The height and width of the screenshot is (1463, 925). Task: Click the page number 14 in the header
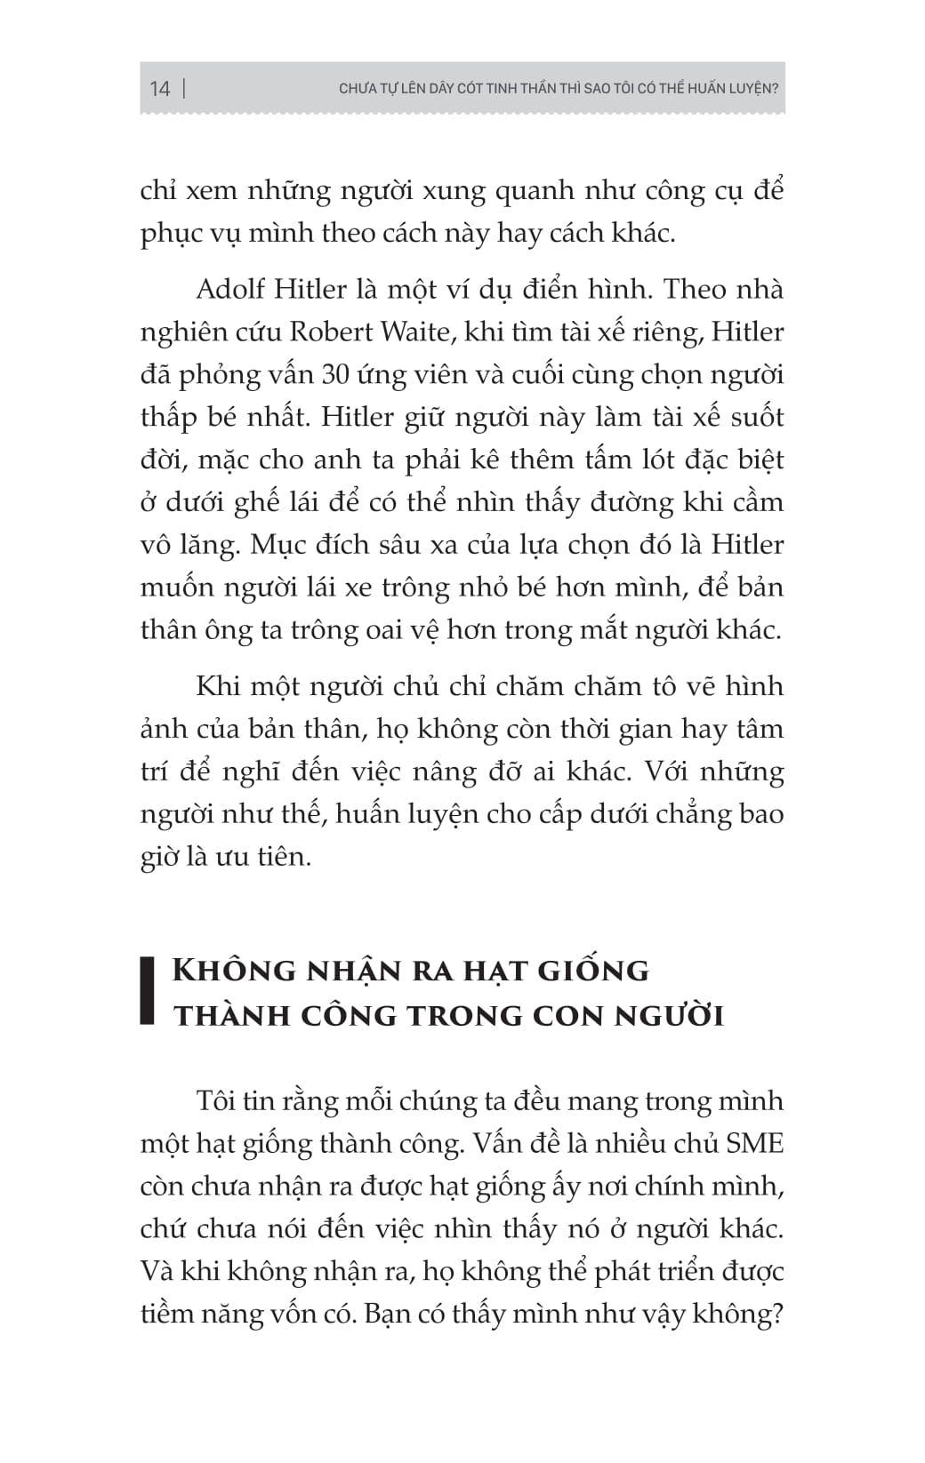159,88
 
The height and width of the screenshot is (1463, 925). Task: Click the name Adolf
227,290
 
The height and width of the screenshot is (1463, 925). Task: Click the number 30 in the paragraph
335,375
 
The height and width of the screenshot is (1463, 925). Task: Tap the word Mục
277,545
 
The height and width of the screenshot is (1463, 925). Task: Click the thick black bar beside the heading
148,991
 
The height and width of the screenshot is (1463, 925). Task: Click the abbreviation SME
754,1144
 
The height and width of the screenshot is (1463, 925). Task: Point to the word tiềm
170,1314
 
